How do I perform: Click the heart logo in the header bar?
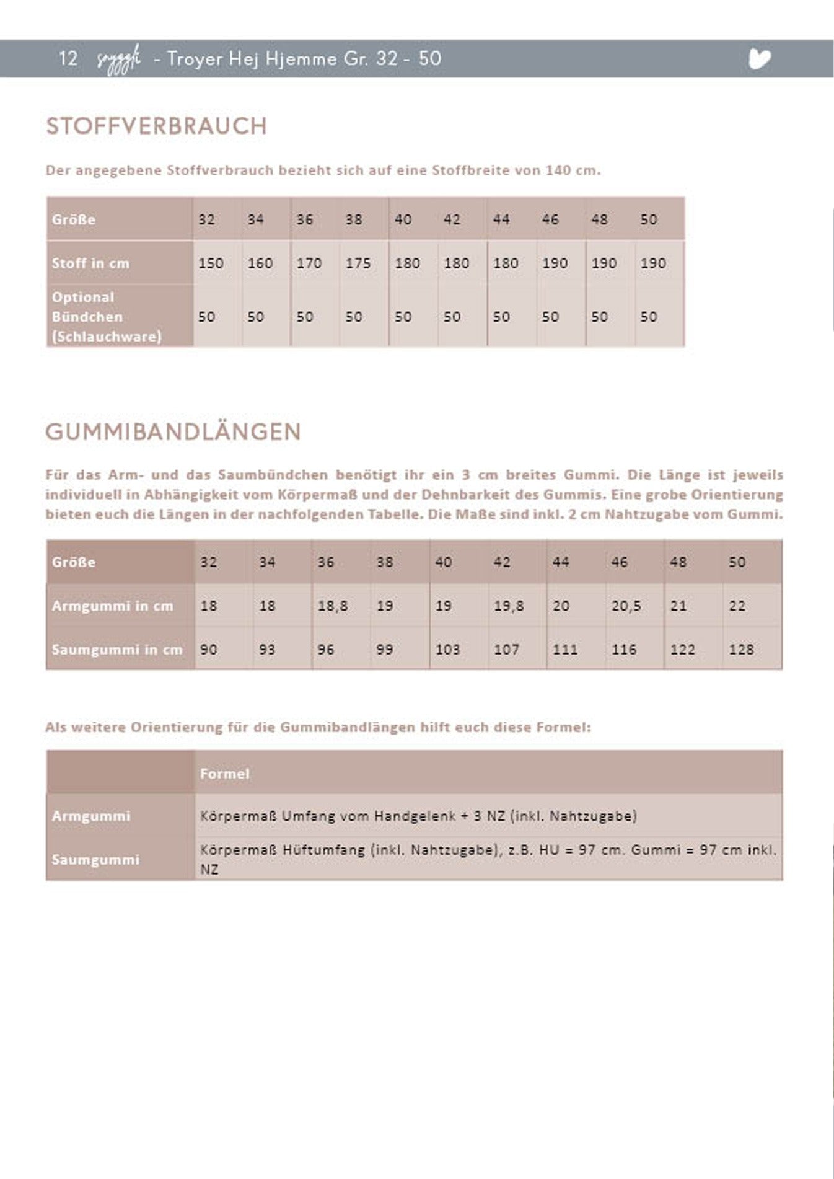pos(760,59)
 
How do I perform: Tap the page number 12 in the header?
pos(68,59)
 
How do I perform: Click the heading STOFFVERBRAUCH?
pos(156,126)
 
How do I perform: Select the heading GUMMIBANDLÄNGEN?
pos(173,431)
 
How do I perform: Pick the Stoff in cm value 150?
pos(211,263)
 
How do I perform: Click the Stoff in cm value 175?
pos(358,263)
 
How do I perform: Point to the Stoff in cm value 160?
pos(260,263)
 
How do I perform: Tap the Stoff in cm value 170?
pos(309,263)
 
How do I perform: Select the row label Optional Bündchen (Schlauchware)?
pos(107,316)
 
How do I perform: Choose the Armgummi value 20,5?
pos(626,606)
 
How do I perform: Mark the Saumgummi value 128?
pos(741,650)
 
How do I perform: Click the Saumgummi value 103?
pos(447,650)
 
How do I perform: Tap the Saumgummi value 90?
pos(209,650)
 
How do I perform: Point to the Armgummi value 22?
pos(737,606)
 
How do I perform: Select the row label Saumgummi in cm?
pos(117,650)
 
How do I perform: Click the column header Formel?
pos(224,774)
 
